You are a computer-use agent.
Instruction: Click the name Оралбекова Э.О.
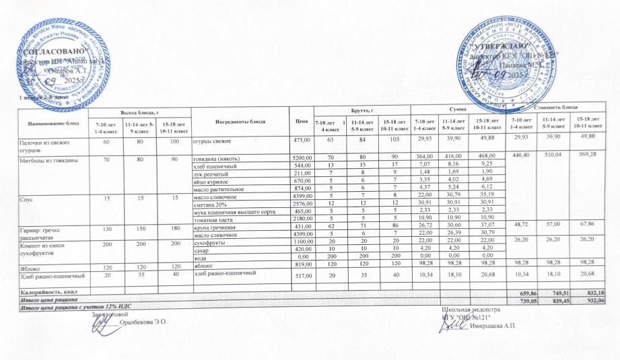[x=142, y=322]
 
